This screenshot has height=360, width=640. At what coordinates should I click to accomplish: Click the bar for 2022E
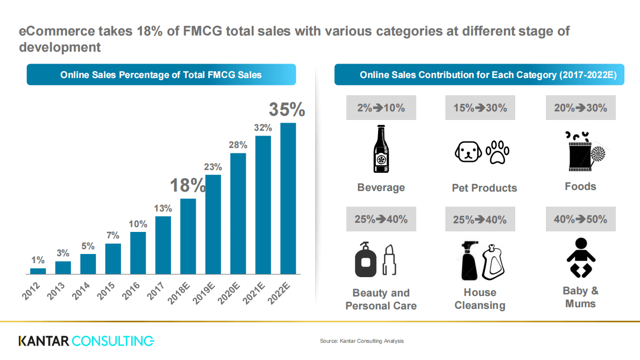click(288, 198)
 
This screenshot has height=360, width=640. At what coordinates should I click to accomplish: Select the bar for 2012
click(38, 271)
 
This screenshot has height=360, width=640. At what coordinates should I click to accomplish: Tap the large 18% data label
click(188, 185)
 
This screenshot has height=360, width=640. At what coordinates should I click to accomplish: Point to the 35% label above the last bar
click(287, 109)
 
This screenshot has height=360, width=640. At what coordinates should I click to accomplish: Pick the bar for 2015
click(113, 259)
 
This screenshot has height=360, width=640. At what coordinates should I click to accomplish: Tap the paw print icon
click(497, 152)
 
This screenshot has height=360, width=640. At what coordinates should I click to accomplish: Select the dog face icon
click(467, 152)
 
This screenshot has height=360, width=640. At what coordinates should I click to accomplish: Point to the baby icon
click(581, 258)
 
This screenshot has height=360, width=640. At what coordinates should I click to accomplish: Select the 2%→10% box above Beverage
click(381, 108)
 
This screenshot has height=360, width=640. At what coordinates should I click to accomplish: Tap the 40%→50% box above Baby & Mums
click(580, 219)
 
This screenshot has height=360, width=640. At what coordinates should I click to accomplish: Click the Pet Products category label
click(484, 188)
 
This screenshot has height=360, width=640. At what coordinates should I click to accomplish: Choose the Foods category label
click(580, 187)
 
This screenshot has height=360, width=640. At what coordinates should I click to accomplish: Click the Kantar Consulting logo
click(86, 341)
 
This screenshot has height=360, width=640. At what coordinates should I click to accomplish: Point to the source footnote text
click(361, 341)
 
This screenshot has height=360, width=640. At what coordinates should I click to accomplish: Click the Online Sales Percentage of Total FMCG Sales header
click(161, 75)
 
